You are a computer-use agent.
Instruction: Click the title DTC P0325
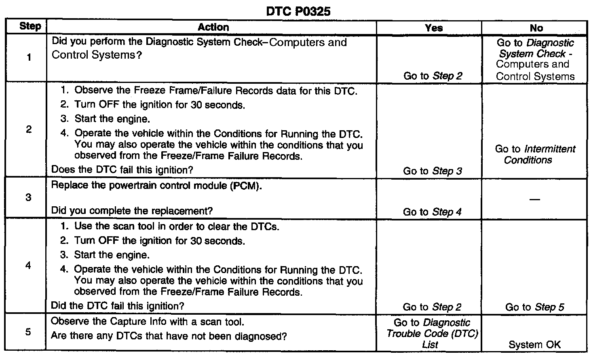(x=298, y=11)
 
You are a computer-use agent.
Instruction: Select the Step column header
(x=30, y=27)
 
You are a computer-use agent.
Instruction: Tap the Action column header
(x=213, y=27)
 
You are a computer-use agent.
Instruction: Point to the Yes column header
(x=433, y=28)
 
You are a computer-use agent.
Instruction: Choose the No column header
(x=536, y=28)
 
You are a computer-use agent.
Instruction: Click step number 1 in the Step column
(x=29, y=57)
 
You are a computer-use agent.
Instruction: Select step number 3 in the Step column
(x=28, y=198)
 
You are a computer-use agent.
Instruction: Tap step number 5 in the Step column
(x=28, y=332)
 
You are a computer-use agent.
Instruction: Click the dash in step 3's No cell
(x=534, y=199)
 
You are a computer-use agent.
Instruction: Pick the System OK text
(x=534, y=345)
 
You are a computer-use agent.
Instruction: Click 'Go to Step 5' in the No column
(x=534, y=307)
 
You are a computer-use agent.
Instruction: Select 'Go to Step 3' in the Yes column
(x=432, y=171)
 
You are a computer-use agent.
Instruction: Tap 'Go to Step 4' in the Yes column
(x=432, y=212)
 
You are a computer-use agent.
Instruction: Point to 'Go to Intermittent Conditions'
(x=534, y=155)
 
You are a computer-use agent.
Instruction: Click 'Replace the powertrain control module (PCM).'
(x=156, y=186)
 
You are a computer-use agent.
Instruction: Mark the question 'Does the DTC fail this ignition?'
(x=122, y=170)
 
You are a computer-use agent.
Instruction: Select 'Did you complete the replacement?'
(x=132, y=211)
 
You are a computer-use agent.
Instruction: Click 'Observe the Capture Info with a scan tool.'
(x=148, y=322)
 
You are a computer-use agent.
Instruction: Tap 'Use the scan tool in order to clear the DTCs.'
(x=177, y=227)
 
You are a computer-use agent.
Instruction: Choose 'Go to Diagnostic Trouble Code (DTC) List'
(x=432, y=334)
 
